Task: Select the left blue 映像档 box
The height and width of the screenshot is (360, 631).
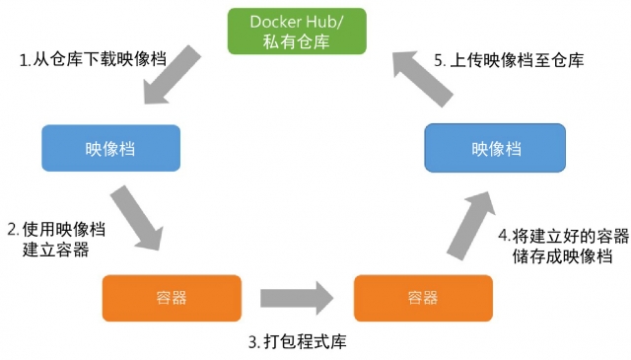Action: click(x=110, y=149)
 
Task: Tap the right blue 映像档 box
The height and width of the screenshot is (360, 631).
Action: click(x=494, y=148)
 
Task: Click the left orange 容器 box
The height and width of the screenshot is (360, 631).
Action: click(x=172, y=297)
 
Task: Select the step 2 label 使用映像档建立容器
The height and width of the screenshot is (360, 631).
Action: click(x=56, y=240)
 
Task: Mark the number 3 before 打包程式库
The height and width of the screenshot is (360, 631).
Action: click(x=253, y=342)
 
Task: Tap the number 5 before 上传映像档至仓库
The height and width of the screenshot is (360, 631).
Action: click(x=440, y=60)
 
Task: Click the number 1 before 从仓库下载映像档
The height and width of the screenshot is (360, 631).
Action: click(x=24, y=60)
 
